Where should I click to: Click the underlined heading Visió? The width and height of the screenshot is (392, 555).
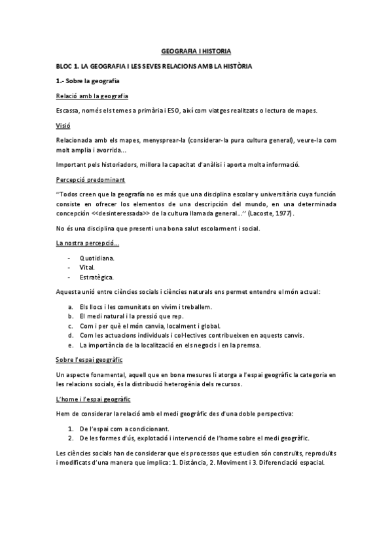coord(63,125)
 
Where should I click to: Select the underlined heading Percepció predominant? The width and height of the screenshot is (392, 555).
coord(82,179)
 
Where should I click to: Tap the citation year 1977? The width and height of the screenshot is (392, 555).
coord(281,214)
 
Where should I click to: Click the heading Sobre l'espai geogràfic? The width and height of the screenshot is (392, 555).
coord(89,360)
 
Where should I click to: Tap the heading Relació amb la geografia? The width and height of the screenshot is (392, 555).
coord(91,96)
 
